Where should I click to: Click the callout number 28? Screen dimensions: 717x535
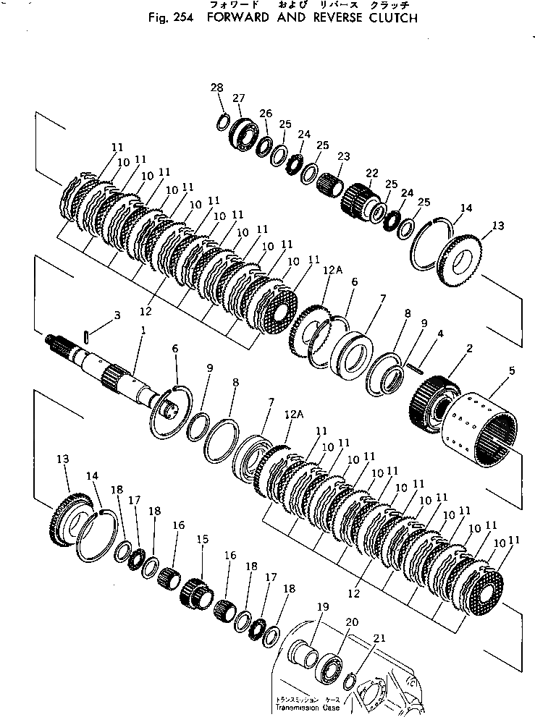pos(216,88)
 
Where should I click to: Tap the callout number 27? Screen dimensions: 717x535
pos(238,98)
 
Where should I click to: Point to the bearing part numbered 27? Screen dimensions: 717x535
pos(243,134)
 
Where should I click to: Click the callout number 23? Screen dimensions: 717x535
pos(342,156)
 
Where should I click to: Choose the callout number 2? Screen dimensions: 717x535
pos(469,349)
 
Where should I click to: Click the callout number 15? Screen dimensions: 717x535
pos(202,540)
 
